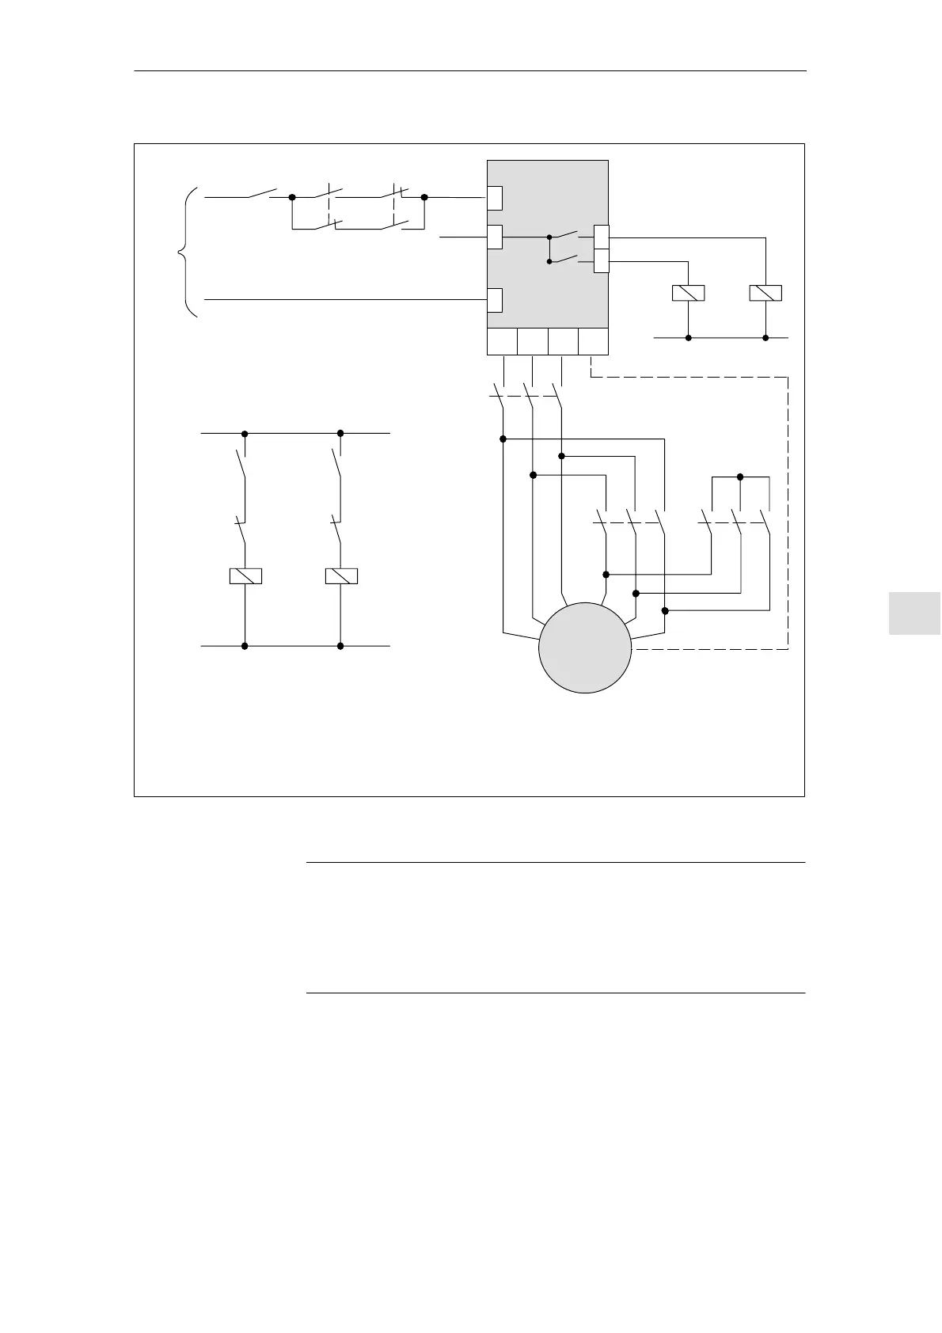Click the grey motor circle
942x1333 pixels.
tap(585, 648)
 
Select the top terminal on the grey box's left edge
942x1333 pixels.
tap(495, 198)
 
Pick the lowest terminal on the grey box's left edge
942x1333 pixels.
tap(495, 301)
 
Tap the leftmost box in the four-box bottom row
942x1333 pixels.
tap(501, 342)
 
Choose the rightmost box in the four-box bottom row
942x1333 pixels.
tap(594, 342)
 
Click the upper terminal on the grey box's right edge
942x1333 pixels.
tap(602, 237)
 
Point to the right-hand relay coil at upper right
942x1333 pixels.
tap(765, 293)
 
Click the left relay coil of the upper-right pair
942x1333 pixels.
tap(688, 293)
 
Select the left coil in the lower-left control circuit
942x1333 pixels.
tap(245, 576)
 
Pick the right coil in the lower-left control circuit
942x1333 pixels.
tap(341, 576)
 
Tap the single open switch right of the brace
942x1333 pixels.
tap(262, 193)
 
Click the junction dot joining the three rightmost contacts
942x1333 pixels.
tap(740, 477)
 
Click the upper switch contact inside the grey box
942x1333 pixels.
tap(566, 234)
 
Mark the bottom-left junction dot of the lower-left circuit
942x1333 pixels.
tap(245, 646)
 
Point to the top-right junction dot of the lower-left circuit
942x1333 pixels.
tap(340, 433)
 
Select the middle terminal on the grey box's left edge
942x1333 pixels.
tap(495, 237)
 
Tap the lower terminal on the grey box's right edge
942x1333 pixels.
tap(602, 260)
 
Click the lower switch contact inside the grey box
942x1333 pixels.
tap(566, 259)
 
